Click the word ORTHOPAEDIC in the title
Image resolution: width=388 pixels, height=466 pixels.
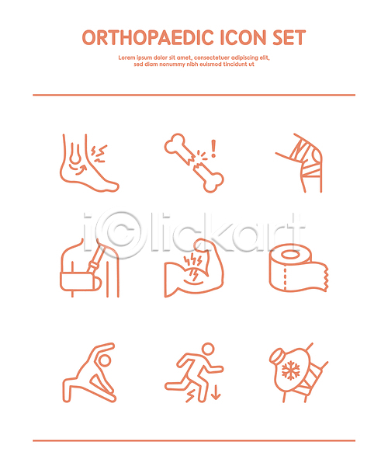point(148,38)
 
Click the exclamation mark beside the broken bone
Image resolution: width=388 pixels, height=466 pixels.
point(213,148)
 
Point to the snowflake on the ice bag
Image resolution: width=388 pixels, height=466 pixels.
point(291,370)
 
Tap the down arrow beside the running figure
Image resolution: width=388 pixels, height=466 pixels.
point(216,391)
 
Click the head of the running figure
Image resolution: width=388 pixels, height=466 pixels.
point(208,349)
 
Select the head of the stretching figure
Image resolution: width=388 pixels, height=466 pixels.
point(105,361)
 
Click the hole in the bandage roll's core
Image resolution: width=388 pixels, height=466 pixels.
point(290,255)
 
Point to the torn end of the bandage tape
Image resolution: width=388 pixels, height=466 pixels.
point(326,276)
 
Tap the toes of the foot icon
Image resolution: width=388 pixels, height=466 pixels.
point(113,187)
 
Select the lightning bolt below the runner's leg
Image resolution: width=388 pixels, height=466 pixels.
point(190,395)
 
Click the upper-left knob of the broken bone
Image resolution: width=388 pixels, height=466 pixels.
point(175,143)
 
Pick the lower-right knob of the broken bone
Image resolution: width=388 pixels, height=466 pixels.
point(213,182)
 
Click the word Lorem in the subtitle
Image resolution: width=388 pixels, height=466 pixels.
point(126,57)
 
